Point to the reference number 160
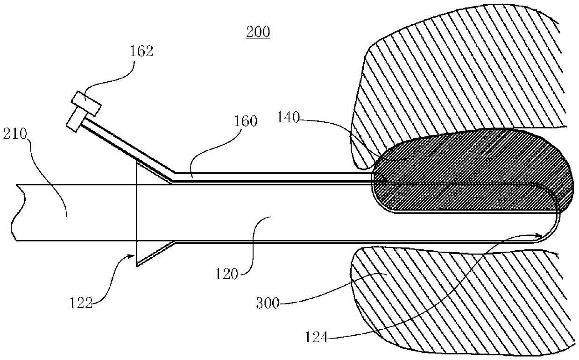[x=247, y=121]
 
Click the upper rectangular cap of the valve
[x=86, y=103]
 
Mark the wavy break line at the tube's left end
[x=14, y=212]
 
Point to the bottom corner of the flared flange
[x=136, y=266]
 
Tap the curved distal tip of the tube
[x=556, y=219]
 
